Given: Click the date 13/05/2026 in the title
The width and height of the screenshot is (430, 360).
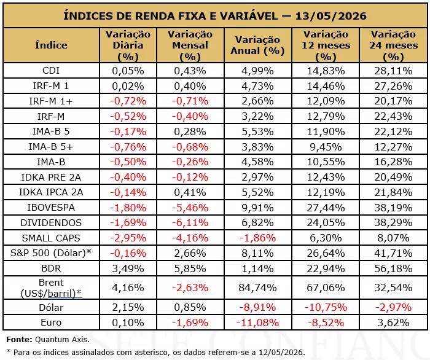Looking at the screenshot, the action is point(330,15).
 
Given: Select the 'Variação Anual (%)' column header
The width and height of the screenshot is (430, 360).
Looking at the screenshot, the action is point(257,45).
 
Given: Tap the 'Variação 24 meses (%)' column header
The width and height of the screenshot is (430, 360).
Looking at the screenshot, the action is point(394,45).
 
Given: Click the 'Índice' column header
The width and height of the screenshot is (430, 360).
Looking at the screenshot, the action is point(51,45).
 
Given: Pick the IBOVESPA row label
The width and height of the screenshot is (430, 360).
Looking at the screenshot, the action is point(51,208).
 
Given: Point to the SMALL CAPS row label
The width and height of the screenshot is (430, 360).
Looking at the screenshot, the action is point(51,238).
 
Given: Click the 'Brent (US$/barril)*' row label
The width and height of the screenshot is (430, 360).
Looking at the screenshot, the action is point(51,288).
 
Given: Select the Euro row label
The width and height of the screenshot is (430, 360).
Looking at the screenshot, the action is point(51,323).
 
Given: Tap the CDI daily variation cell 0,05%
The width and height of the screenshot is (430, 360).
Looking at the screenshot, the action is point(128,71).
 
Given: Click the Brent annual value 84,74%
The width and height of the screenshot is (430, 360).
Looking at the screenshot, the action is point(257,288).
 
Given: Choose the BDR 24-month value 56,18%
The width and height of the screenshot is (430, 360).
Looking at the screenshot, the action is point(394,268).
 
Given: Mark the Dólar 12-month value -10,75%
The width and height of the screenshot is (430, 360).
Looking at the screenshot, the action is point(326,307).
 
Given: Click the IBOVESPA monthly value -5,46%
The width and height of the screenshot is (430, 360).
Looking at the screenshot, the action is point(190,208).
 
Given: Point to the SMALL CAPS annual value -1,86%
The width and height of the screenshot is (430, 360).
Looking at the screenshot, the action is point(257,238).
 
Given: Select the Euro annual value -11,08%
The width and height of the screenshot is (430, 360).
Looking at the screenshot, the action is point(257,323).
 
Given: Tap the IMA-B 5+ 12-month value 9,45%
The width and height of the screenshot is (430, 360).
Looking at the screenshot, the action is point(326,147).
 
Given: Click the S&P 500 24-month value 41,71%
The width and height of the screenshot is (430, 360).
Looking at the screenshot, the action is point(394,253).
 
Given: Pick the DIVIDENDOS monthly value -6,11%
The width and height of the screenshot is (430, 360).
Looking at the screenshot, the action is point(190,222).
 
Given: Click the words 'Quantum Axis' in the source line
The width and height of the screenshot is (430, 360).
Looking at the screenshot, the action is point(61,340).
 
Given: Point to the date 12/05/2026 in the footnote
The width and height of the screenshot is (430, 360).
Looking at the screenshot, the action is point(281,353).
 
